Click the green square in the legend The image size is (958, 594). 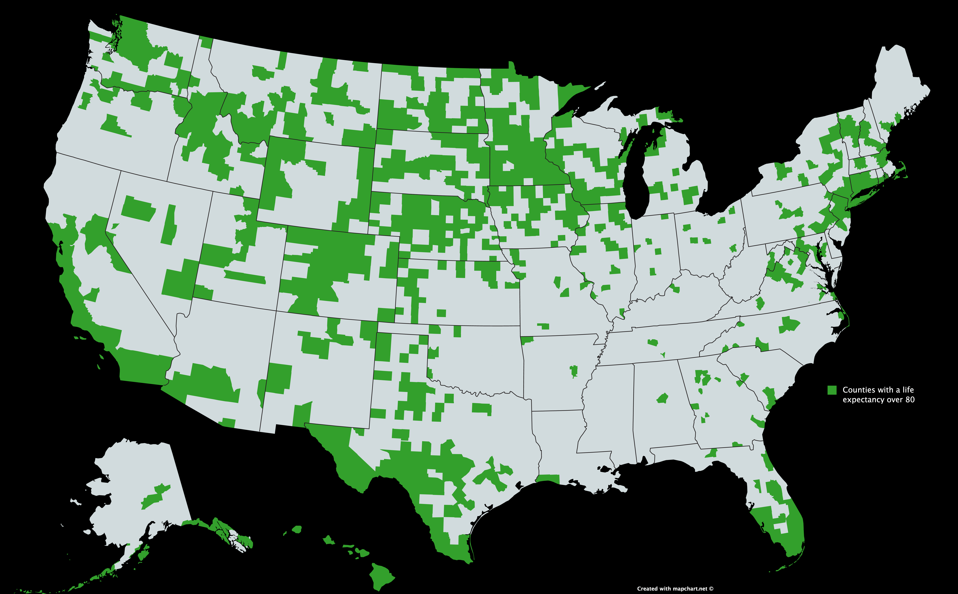point(832,390)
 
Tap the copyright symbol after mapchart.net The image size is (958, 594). point(711,588)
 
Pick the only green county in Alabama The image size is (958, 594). point(662,399)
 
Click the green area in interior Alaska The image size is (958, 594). point(155,497)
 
